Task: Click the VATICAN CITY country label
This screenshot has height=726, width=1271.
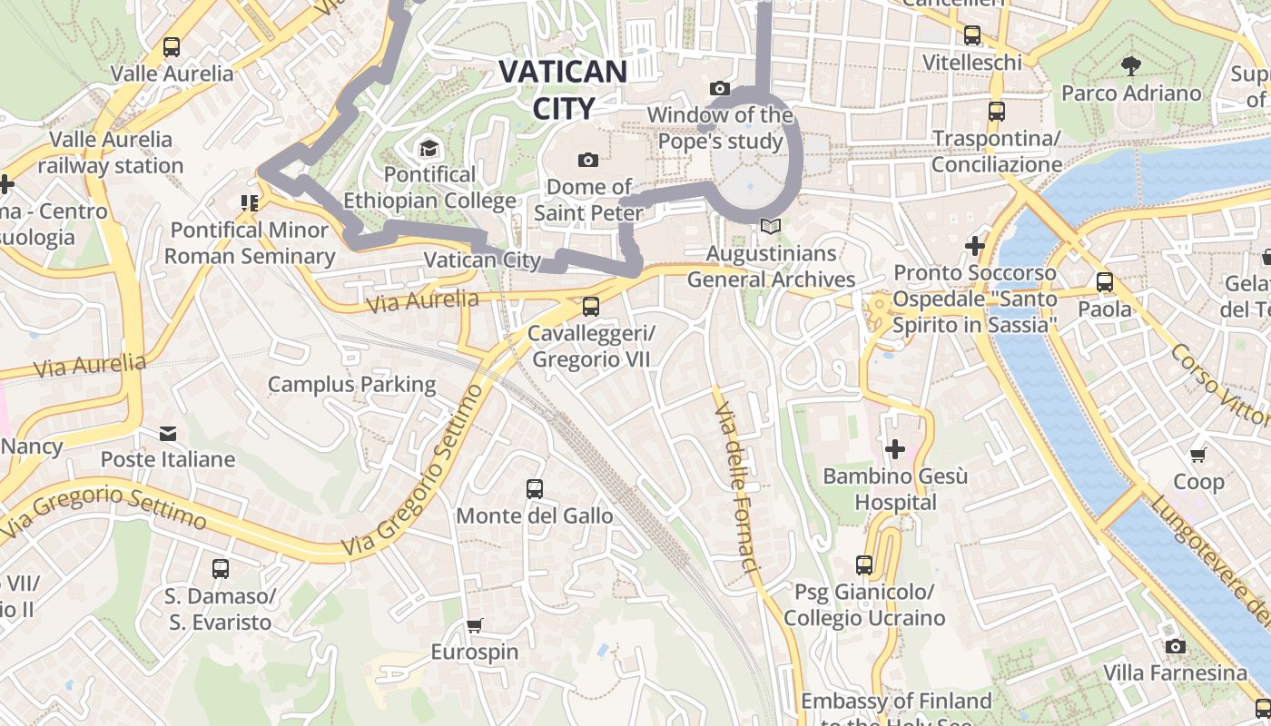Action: pos(563,89)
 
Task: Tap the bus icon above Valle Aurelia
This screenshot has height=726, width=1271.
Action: pos(171,47)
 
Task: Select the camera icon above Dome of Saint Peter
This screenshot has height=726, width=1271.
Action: pos(588,160)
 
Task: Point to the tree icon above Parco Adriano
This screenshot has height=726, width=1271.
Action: pos(1130,65)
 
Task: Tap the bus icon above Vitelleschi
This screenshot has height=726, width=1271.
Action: pos(972,35)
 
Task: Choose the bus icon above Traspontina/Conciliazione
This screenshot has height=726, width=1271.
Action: pos(996,112)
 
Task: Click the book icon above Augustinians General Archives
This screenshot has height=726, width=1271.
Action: pos(771,226)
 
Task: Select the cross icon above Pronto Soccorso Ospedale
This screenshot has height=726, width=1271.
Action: pos(975,246)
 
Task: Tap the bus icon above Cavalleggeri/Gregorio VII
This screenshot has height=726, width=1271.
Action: pos(591,307)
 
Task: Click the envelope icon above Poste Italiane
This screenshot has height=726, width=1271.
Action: pos(168,433)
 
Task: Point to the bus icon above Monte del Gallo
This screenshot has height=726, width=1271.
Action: pos(535,489)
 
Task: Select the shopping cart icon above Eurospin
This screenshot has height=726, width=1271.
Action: pos(474,625)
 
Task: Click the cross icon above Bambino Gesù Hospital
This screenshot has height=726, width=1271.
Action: pos(895,449)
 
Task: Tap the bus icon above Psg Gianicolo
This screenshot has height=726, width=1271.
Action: pos(864,565)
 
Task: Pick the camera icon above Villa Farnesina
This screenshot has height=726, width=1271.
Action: pos(1176,646)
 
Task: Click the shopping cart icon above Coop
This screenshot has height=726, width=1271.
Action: pos(1198,455)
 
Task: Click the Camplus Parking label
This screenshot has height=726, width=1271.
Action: pos(351,384)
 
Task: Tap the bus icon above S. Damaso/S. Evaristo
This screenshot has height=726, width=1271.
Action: pos(220,569)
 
